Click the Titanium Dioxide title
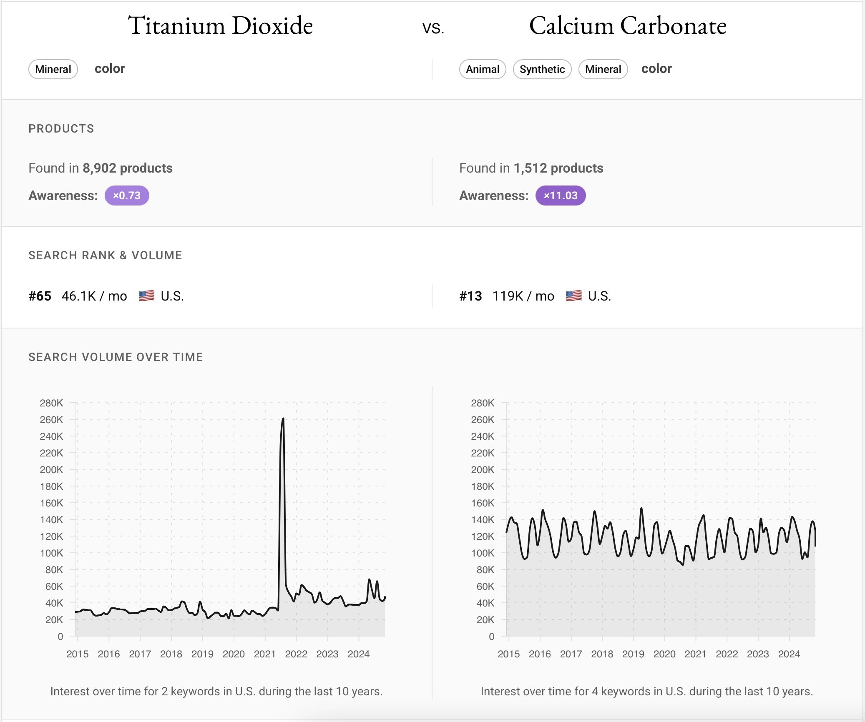[x=220, y=26]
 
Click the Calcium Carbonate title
[x=628, y=26]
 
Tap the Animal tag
[x=482, y=69]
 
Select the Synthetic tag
[x=542, y=69]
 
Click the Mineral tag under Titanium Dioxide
[x=53, y=69]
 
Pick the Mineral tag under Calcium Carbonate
[x=603, y=69]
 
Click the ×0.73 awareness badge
[x=127, y=196]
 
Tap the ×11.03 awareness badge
[x=560, y=196]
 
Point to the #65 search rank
[x=40, y=296]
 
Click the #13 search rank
[x=470, y=296]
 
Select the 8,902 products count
[x=127, y=168]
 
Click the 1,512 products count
[x=558, y=168]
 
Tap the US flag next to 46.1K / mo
[x=146, y=296]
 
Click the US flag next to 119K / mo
[x=573, y=296]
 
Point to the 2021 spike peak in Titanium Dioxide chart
[x=283, y=419]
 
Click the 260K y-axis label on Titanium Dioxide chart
[x=51, y=420]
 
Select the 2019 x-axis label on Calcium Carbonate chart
[x=633, y=654]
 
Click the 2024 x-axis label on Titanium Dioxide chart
[x=358, y=654]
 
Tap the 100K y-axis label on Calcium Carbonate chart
[x=483, y=553]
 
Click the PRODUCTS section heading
[x=61, y=129]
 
